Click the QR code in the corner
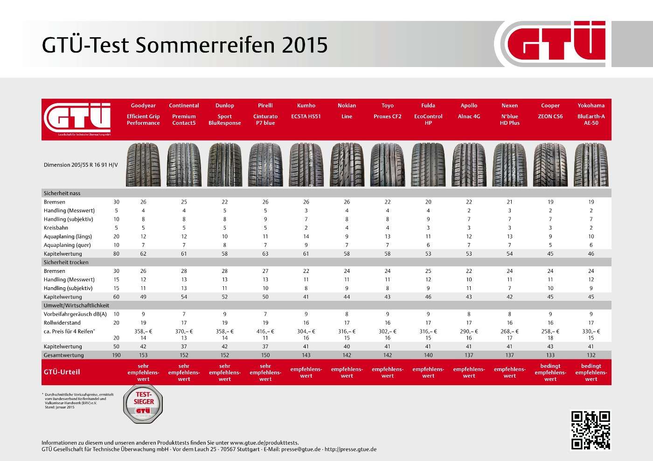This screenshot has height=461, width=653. (x=590, y=430)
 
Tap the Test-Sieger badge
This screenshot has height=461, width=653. (x=143, y=404)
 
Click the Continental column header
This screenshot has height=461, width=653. (x=184, y=114)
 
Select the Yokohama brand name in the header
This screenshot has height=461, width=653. (x=591, y=106)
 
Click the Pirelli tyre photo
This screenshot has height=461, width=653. (x=265, y=165)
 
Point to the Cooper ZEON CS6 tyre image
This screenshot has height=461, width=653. (x=550, y=165)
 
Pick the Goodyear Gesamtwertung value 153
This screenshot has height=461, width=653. (x=143, y=355)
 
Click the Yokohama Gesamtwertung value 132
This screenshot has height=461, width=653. (x=591, y=355)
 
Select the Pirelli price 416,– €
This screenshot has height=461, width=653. (x=265, y=332)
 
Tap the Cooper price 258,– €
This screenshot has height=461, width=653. (x=550, y=332)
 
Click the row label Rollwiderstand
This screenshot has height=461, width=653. (x=62, y=323)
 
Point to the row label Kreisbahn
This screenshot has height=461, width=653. (x=56, y=228)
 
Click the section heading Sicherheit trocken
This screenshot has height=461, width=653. (x=66, y=262)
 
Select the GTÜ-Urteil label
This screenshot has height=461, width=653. (x=62, y=372)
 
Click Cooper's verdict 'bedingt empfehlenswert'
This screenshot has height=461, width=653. (x=550, y=373)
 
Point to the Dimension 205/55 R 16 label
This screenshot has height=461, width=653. (x=81, y=165)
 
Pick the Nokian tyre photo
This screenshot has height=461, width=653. (x=347, y=165)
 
